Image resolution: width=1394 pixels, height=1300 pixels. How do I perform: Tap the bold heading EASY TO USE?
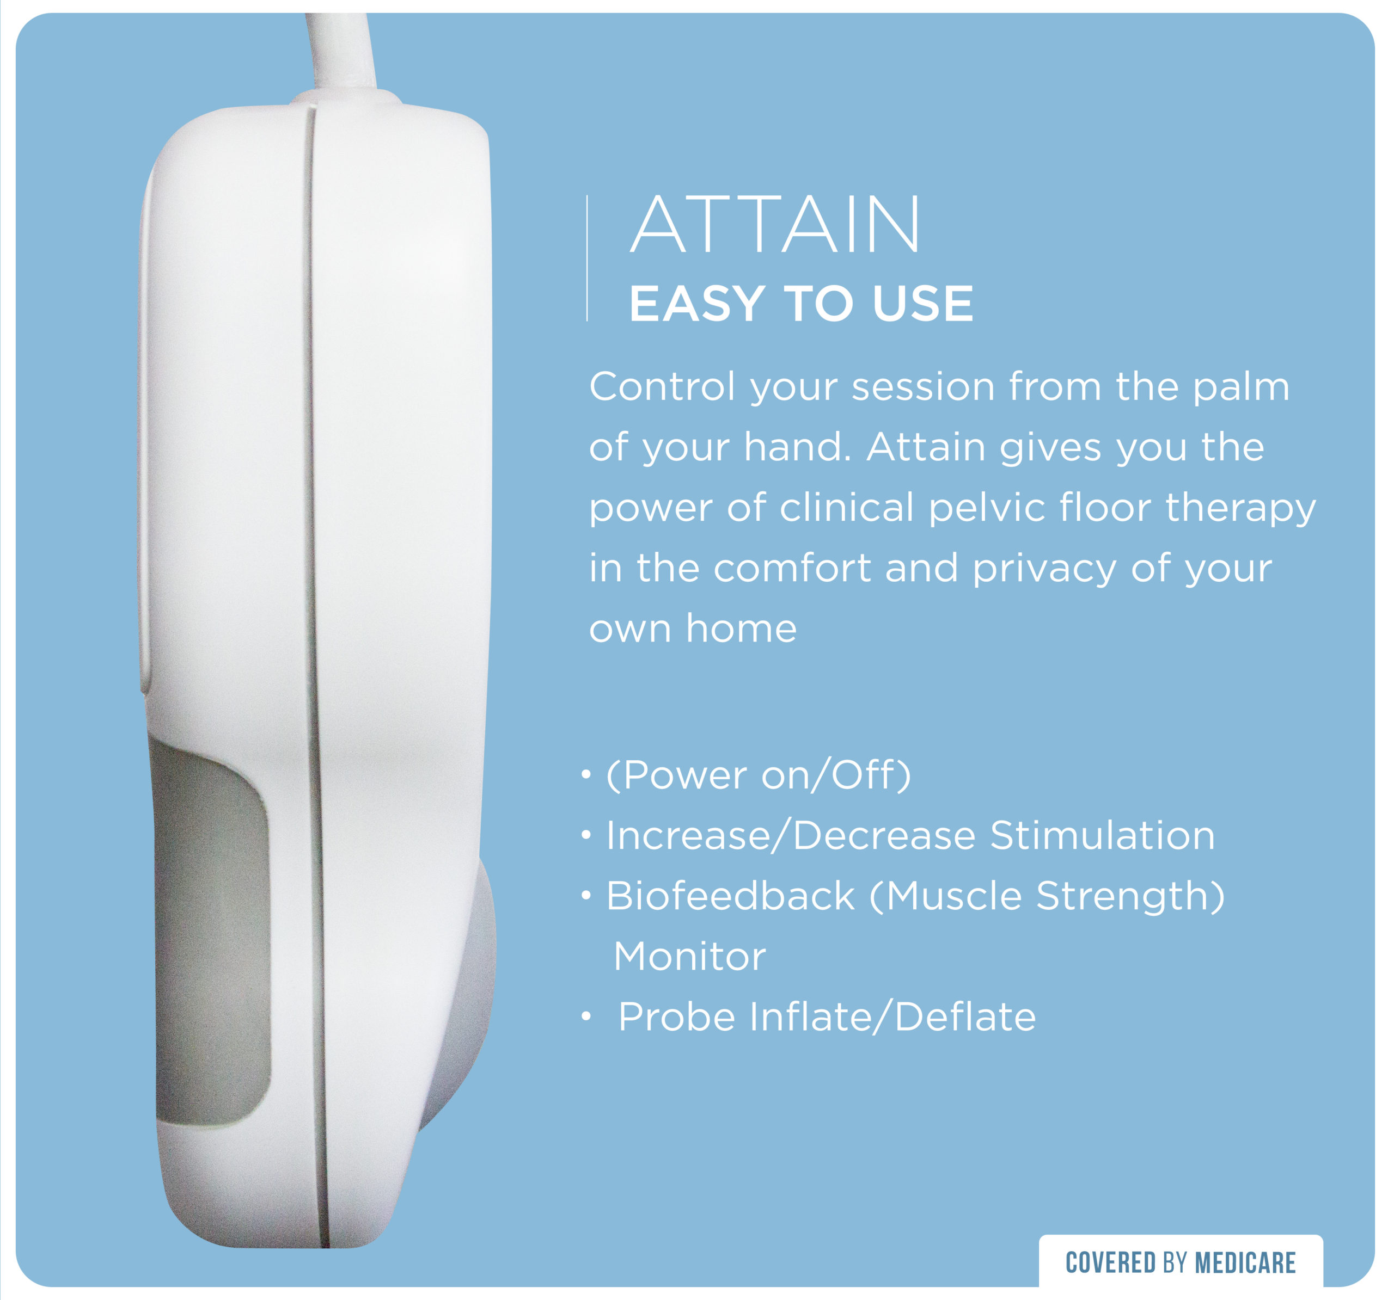[802, 304]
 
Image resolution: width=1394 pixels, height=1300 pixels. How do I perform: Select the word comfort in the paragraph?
[792, 568]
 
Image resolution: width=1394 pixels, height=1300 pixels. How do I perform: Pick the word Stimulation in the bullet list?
[1102, 835]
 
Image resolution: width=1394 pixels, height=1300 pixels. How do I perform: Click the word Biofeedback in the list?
[730, 896]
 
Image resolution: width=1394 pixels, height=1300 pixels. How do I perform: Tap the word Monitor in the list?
[689, 957]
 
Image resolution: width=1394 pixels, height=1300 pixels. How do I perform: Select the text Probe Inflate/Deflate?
[827, 1017]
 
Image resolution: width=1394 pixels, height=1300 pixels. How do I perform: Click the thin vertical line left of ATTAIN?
[587, 258]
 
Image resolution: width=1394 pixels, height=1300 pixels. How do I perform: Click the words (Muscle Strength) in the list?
[1047, 897]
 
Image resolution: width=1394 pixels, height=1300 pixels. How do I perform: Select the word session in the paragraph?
[924, 387]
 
